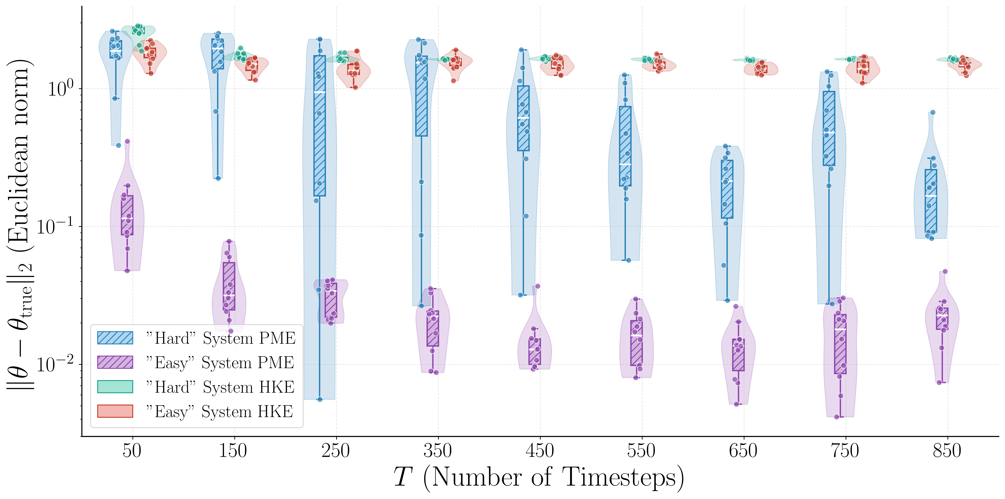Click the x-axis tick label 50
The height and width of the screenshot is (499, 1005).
(x=132, y=451)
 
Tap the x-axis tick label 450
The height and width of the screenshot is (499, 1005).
(x=540, y=451)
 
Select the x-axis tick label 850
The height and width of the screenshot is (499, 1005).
(x=947, y=451)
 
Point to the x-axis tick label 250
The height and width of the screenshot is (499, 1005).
(x=336, y=451)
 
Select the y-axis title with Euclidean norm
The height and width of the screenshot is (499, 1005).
(x=19, y=224)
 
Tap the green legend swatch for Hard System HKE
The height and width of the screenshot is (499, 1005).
(x=115, y=387)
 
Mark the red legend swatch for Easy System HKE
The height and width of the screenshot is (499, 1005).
(x=115, y=411)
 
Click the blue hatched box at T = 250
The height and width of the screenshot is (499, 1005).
(x=320, y=125)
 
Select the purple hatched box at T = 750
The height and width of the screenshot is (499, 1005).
(x=840, y=344)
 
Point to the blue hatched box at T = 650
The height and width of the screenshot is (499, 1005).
(x=727, y=189)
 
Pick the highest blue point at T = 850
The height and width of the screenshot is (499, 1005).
(x=933, y=112)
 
